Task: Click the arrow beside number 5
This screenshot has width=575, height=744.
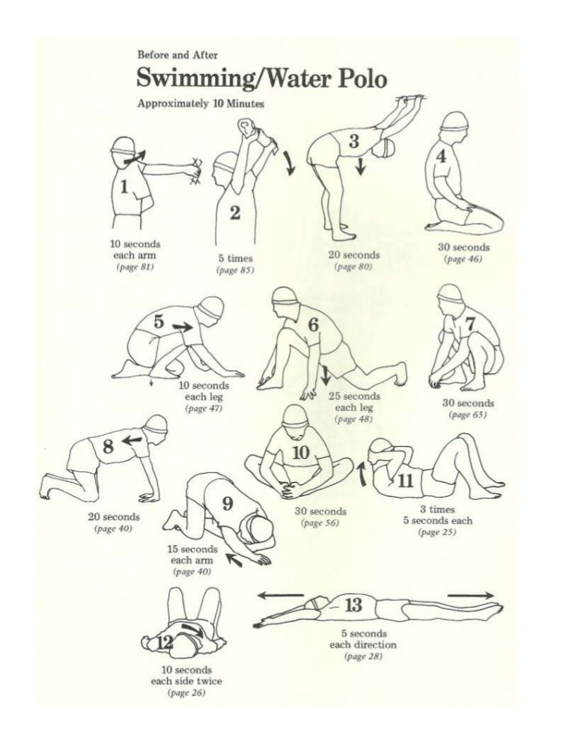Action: pos(181,326)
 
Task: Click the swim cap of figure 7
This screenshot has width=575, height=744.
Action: pos(451,294)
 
